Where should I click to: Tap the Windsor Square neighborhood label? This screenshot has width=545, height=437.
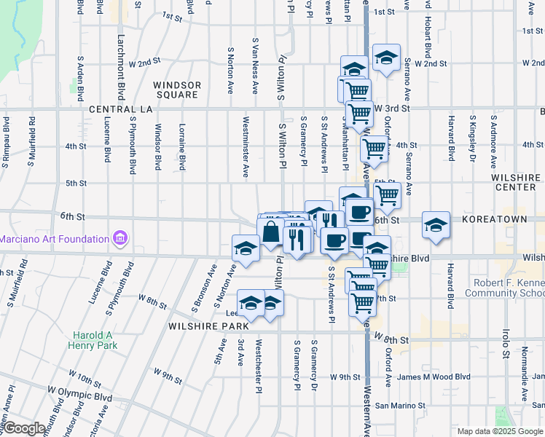(x=176, y=90)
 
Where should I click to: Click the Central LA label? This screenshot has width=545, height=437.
(x=119, y=109)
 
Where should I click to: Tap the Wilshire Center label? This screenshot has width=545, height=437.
(x=516, y=182)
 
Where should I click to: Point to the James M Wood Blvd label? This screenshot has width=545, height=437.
(x=435, y=377)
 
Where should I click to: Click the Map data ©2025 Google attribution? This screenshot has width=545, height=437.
(x=500, y=431)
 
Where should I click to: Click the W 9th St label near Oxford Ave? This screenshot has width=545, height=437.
(x=345, y=377)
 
